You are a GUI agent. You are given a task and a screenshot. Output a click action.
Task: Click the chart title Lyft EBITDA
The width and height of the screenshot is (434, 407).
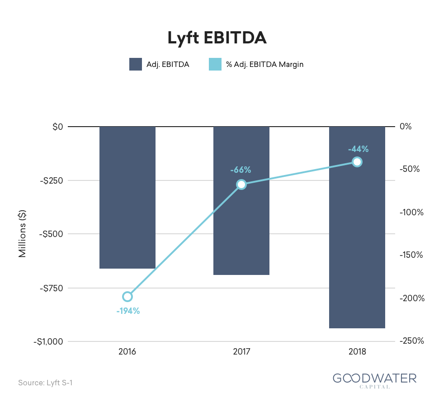click(x=217, y=38)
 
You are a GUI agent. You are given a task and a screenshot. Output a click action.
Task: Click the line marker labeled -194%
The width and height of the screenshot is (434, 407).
click(x=127, y=297)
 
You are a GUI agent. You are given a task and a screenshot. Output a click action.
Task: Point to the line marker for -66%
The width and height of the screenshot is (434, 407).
click(x=241, y=184)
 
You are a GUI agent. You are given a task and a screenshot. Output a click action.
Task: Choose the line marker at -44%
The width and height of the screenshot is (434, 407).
click(x=357, y=162)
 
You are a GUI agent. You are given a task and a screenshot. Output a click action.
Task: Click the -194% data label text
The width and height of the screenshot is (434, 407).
click(x=127, y=311)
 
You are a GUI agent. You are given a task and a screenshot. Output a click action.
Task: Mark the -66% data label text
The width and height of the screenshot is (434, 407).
click(x=241, y=170)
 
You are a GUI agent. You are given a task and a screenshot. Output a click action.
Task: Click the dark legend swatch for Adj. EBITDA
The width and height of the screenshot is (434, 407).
click(x=136, y=64)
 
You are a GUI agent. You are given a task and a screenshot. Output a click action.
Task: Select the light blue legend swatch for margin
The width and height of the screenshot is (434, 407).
click(x=215, y=64)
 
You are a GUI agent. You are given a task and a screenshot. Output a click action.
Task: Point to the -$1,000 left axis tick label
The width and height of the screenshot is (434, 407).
click(x=47, y=341)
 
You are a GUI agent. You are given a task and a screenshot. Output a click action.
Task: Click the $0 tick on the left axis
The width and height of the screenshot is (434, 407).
click(x=57, y=127)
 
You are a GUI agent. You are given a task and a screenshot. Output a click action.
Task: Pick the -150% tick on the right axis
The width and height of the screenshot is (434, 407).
click(x=411, y=255)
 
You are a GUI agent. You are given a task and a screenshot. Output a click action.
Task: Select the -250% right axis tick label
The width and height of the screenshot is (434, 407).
click(x=411, y=341)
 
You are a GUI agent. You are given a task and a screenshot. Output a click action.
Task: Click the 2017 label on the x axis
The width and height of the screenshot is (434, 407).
click(x=241, y=352)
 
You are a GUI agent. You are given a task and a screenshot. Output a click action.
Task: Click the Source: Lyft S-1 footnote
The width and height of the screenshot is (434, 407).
click(x=45, y=383)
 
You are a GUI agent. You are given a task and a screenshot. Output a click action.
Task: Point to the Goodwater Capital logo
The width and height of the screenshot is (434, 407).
click(x=374, y=379)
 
